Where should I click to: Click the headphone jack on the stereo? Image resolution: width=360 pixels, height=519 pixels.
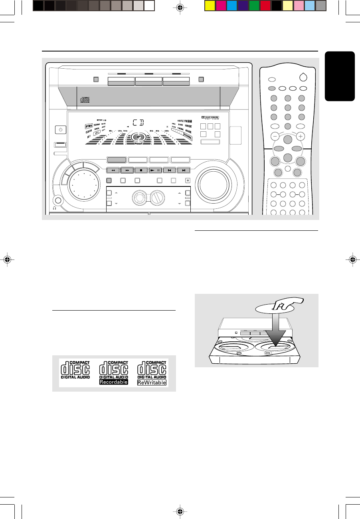pyautogui.click(x=58, y=202)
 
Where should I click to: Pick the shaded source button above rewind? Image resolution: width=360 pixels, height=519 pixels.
pyautogui.click(x=117, y=160)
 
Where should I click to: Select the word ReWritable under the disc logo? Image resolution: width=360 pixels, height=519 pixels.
pyautogui.click(x=152, y=382)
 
